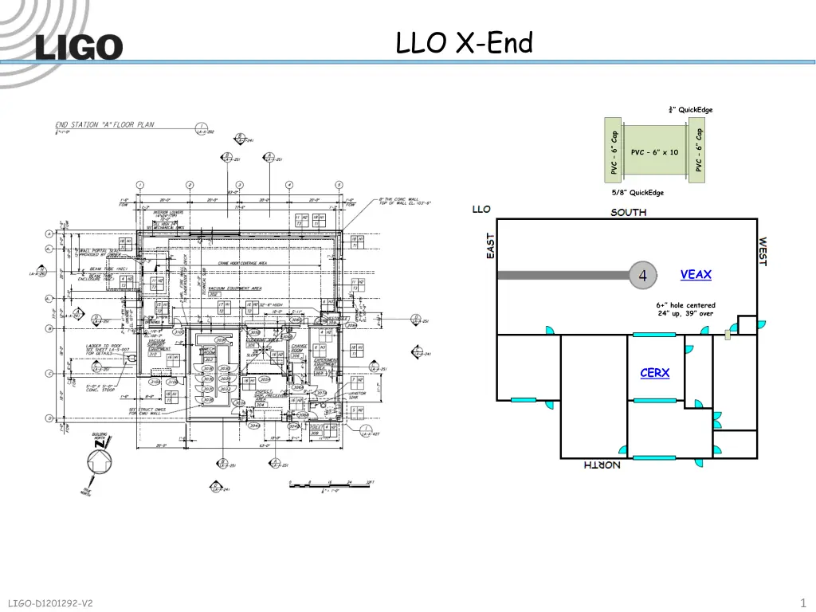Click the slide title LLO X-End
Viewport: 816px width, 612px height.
(x=464, y=43)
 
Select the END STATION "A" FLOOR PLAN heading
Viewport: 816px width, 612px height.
(x=104, y=124)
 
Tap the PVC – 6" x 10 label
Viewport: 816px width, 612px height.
(x=654, y=152)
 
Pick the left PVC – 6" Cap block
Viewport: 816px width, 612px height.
(x=614, y=151)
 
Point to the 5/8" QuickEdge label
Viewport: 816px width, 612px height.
(x=637, y=193)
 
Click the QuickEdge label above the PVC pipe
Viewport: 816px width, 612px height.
(x=691, y=110)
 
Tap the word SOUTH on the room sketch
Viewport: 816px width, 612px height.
(x=629, y=213)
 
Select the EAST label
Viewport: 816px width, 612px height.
(x=491, y=245)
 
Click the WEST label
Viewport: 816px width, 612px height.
(x=763, y=252)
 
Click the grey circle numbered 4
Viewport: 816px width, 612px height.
(x=642, y=275)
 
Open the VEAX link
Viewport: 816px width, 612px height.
(x=696, y=275)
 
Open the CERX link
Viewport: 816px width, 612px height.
(x=654, y=373)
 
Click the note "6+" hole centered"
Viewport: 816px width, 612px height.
(x=685, y=305)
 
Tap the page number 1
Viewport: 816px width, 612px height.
(x=802, y=602)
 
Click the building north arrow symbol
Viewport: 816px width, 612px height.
(x=100, y=461)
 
